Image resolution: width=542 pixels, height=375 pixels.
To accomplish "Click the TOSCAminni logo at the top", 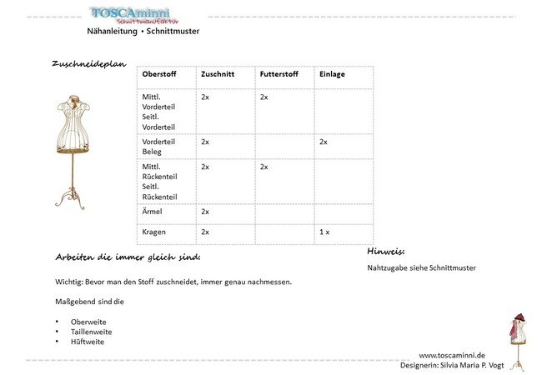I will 143,14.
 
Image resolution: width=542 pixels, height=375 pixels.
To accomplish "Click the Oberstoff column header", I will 158,74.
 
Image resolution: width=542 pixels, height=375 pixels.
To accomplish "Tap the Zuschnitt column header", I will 218,74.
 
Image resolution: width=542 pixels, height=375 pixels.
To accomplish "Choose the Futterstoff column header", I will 279,74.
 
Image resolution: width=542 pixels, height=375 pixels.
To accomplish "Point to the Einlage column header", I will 332,74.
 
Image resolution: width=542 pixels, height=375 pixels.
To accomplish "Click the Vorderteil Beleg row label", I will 159,147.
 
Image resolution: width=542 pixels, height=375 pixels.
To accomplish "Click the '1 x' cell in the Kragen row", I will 324,232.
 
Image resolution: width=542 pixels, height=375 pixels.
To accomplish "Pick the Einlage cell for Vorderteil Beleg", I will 324,142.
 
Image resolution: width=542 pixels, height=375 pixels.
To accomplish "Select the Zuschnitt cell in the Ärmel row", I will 205,212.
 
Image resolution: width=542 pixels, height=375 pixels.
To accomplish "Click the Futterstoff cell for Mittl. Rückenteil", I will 264,167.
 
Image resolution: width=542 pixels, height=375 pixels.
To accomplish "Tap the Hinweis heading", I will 385,250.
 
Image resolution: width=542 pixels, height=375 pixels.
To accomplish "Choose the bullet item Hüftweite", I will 88,342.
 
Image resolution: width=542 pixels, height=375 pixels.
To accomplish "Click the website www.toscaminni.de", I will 452,354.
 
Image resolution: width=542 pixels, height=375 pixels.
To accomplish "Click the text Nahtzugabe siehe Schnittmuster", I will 422,268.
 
